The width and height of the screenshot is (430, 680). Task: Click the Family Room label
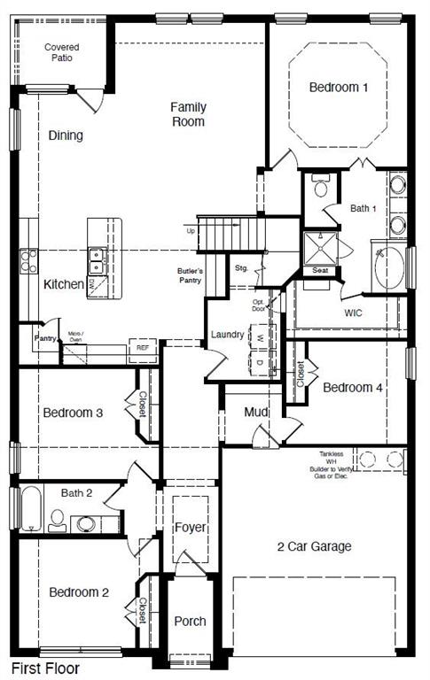(x=189, y=114)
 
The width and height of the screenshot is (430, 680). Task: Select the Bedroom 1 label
(x=339, y=87)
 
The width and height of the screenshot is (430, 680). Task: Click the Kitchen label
(x=64, y=284)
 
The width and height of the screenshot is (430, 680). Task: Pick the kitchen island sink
(x=98, y=259)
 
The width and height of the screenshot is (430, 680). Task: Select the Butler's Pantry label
(x=191, y=275)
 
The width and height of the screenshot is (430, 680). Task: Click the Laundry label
(x=227, y=335)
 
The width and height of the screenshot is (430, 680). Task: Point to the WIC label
(x=354, y=313)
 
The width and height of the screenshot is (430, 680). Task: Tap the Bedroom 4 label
(x=353, y=387)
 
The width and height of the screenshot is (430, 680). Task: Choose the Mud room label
(x=257, y=413)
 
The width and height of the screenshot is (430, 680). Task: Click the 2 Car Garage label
(x=314, y=546)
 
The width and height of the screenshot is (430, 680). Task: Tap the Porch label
(x=190, y=621)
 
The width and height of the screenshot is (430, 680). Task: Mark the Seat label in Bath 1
(x=319, y=271)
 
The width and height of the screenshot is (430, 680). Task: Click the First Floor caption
(x=45, y=669)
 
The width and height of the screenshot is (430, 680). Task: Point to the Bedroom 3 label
(x=73, y=413)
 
